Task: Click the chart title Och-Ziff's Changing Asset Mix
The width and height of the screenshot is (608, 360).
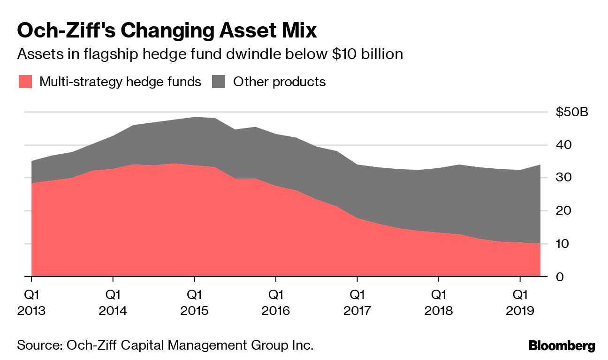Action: (167, 31)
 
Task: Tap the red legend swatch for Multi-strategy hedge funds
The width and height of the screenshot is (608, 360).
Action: (25, 82)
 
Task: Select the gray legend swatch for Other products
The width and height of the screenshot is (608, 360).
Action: (219, 82)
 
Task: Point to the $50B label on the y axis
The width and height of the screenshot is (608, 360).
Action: (571, 112)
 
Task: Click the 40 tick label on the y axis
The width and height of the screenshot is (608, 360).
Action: (564, 145)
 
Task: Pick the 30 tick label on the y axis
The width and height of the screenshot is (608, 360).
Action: (564, 178)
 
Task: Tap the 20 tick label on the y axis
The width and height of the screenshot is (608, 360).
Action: (564, 211)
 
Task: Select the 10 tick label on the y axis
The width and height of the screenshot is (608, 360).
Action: (564, 244)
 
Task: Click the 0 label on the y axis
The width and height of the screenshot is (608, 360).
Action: (560, 277)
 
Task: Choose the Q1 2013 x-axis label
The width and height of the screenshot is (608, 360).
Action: (31, 303)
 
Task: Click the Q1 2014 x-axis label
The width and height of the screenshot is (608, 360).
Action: (113, 303)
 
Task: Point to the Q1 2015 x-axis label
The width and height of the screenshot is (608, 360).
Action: (194, 303)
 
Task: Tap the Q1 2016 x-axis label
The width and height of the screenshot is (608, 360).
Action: (276, 303)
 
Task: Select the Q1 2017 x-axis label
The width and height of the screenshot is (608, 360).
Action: (357, 303)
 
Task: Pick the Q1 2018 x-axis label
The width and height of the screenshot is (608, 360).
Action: (439, 303)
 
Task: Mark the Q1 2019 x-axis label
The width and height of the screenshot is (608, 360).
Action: (520, 303)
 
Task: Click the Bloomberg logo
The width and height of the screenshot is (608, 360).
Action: (562, 346)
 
